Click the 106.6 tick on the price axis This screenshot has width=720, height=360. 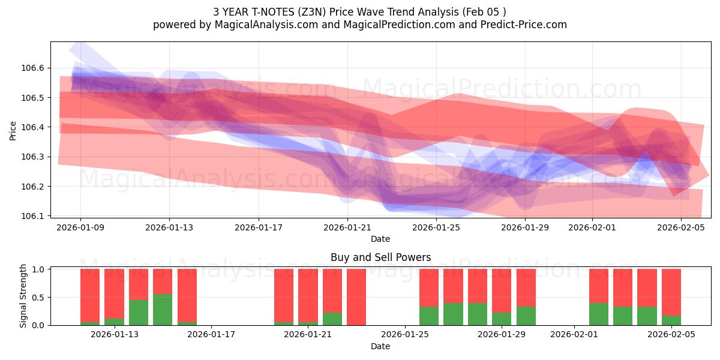coord(33,68)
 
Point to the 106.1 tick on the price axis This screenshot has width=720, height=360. coord(33,216)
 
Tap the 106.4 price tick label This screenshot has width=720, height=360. coord(33,127)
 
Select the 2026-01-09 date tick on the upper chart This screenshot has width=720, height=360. coord(80,227)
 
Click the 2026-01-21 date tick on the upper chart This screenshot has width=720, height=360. coord(347,227)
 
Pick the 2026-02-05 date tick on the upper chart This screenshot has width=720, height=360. coord(681,227)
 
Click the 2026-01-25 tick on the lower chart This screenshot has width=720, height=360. coord(406,335)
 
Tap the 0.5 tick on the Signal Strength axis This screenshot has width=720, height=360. coord(38,298)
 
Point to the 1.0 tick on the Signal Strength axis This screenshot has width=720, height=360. coord(38,269)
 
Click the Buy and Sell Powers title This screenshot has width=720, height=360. coord(380,257)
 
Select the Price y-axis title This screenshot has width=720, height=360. coord(13,130)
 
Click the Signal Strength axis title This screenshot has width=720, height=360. coord(23,296)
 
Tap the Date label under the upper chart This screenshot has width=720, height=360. coord(380,239)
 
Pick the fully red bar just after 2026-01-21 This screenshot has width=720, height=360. coord(356,297)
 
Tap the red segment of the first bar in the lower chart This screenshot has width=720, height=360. coord(90,295)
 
